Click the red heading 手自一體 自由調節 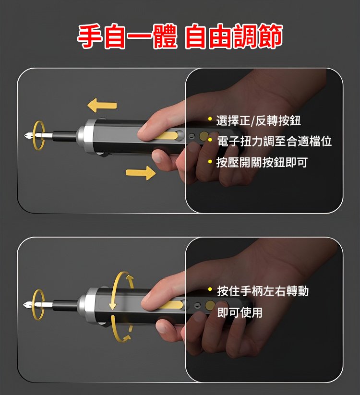[180, 36]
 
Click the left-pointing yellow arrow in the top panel [102, 105]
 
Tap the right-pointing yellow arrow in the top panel [141, 173]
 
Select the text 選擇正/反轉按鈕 [258, 120]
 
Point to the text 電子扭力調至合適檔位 [274, 141]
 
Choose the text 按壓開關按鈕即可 [262, 162]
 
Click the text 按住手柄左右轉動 [263, 291]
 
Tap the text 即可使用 [240, 312]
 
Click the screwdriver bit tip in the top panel [25, 136]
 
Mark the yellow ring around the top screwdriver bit [34, 135]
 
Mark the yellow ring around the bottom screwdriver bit [34, 305]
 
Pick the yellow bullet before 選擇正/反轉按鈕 [210, 119]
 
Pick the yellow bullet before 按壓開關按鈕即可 [210, 161]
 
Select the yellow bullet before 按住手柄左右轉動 [210, 289]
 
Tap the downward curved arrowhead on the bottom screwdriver [113, 306]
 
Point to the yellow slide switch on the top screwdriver [168, 135]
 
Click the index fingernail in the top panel [144, 129]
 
